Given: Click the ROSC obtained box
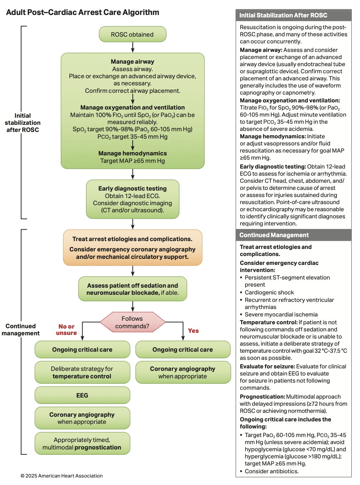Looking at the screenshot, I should pyautogui.click(x=132, y=34).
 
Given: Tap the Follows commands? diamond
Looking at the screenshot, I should pyautogui.click(x=132, y=322).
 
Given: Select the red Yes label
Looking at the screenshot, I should pyautogui.click(x=193, y=331).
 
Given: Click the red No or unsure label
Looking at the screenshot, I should pyautogui.click(x=67, y=330).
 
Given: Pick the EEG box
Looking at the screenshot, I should pyautogui.click(x=82, y=395).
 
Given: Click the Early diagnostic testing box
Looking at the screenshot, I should pyautogui.click(x=132, y=199).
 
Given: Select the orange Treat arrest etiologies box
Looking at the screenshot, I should pyautogui.click(x=132, y=247).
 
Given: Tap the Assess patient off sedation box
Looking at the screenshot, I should pyautogui.click(x=132, y=289).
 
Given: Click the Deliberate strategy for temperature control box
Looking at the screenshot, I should pyautogui.click(x=82, y=373).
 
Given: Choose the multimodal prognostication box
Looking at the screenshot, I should pyautogui.click(x=82, y=444).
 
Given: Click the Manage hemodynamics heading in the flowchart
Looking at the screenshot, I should pyautogui.click(x=132, y=153).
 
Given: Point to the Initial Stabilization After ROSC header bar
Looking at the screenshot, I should pyautogui.click(x=293, y=15).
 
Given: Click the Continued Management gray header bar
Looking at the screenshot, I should pyautogui.click(x=293, y=235).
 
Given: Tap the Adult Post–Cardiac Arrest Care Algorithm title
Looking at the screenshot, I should pyautogui.click(x=83, y=12).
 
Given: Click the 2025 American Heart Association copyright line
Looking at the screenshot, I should pyautogui.click(x=62, y=476).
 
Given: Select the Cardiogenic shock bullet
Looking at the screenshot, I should pyautogui.click(x=269, y=293).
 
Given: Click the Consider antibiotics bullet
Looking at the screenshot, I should pyautogui.click(x=271, y=471).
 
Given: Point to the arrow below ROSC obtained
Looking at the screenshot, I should pyautogui.click(x=133, y=47).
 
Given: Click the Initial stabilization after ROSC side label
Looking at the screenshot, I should pyautogui.click(x=23, y=123).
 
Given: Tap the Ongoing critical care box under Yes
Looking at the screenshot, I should pyautogui.click(x=183, y=350).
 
